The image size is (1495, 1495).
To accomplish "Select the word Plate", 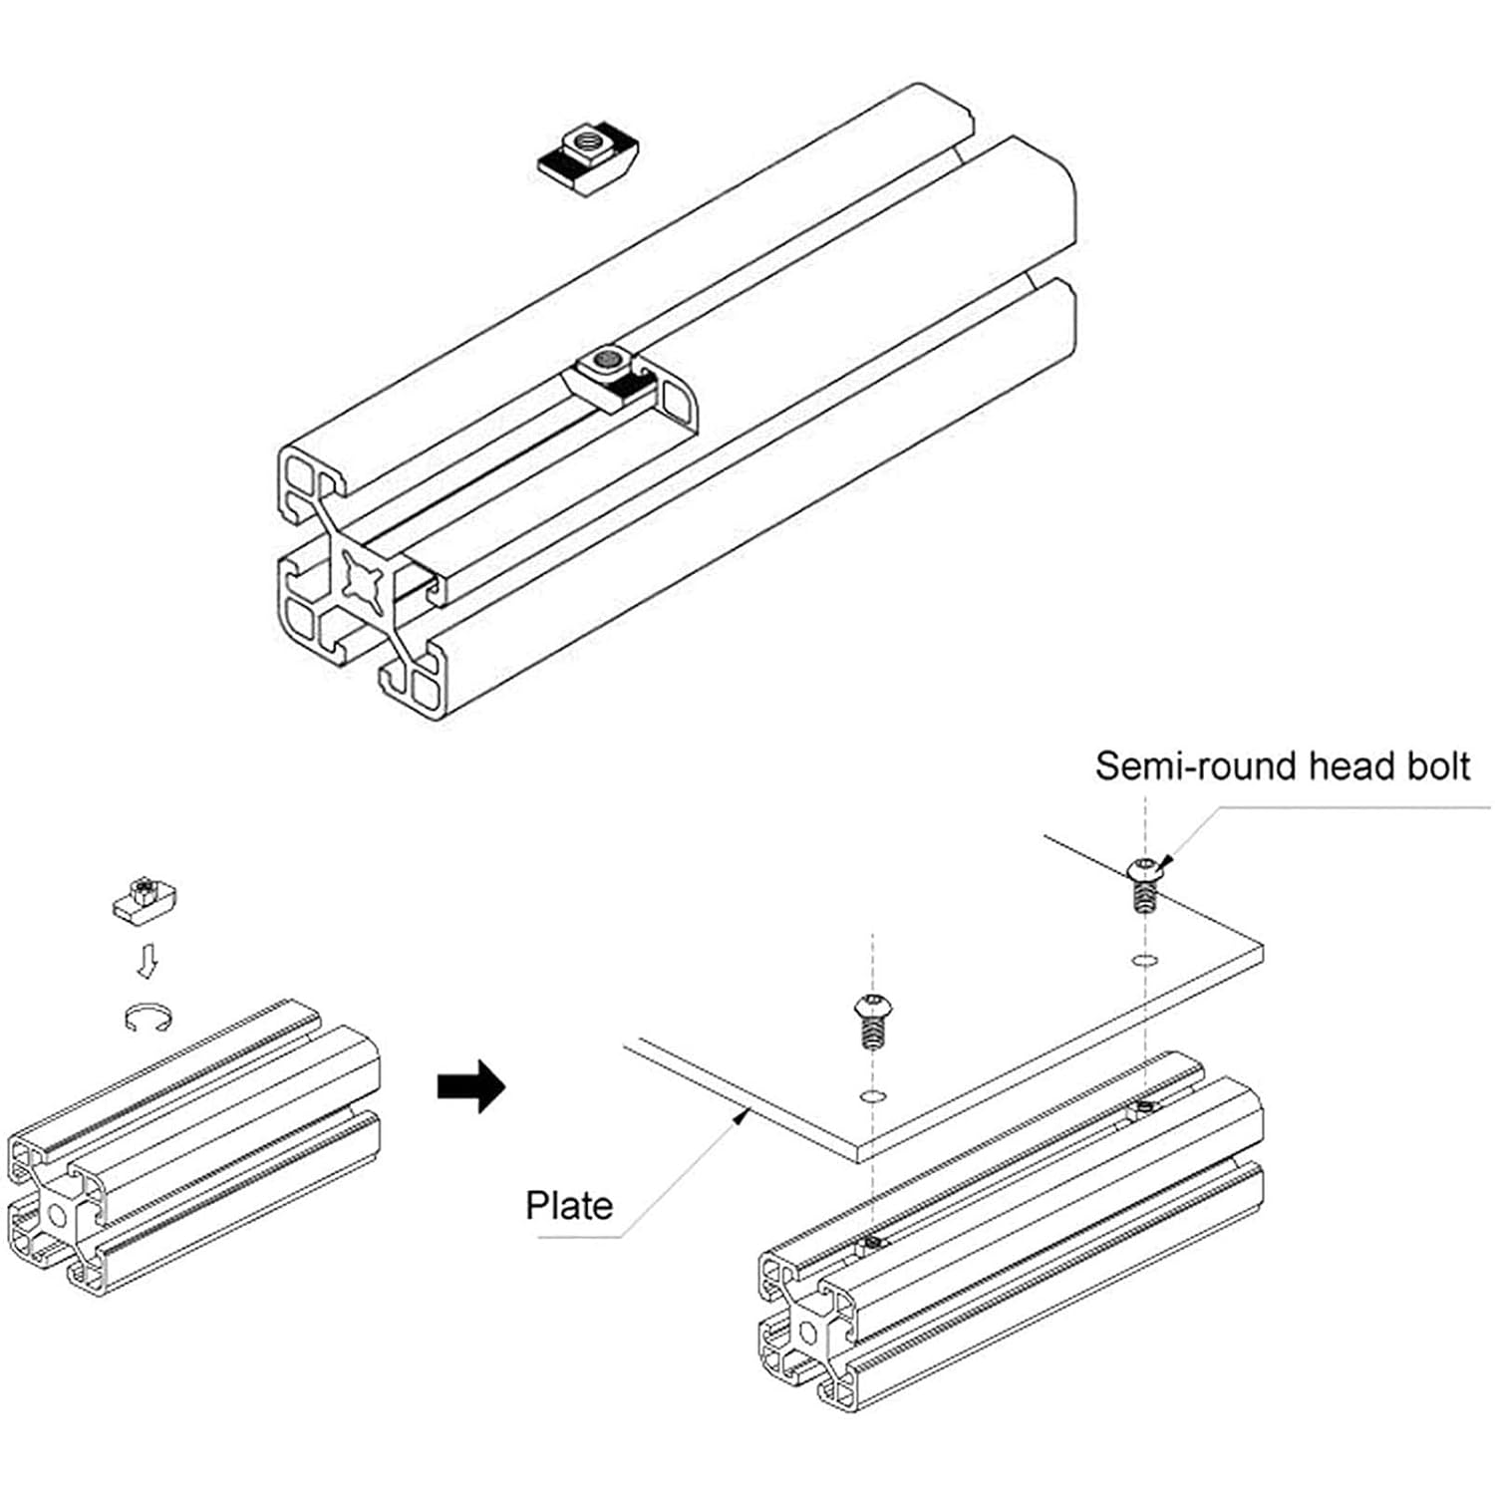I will tap(569, 1206).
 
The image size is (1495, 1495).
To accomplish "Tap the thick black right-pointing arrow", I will tap(471, 1085).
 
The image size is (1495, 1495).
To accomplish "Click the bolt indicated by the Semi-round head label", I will tap(1145, 882).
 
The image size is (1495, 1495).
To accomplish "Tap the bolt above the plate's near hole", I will tap(872, 1020).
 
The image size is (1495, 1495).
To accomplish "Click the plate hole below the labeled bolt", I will tap(1145, 960).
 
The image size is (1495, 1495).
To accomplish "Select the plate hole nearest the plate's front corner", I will tap(873, 1096).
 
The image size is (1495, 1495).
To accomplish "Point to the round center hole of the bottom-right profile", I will tap(807, 1333).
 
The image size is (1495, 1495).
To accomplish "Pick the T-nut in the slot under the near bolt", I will tap(873, 1243).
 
